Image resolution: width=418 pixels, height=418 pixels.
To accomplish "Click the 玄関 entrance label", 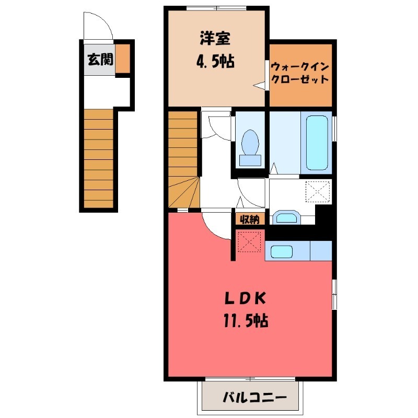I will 99,60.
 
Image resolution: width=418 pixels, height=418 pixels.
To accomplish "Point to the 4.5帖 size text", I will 215,62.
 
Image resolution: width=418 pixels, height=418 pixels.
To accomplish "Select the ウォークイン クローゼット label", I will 300,73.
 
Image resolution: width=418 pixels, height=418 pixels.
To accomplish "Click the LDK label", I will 246,299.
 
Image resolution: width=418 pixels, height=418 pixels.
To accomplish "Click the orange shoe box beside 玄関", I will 123,59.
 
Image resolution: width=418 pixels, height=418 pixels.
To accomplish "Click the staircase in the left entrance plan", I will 98,157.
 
